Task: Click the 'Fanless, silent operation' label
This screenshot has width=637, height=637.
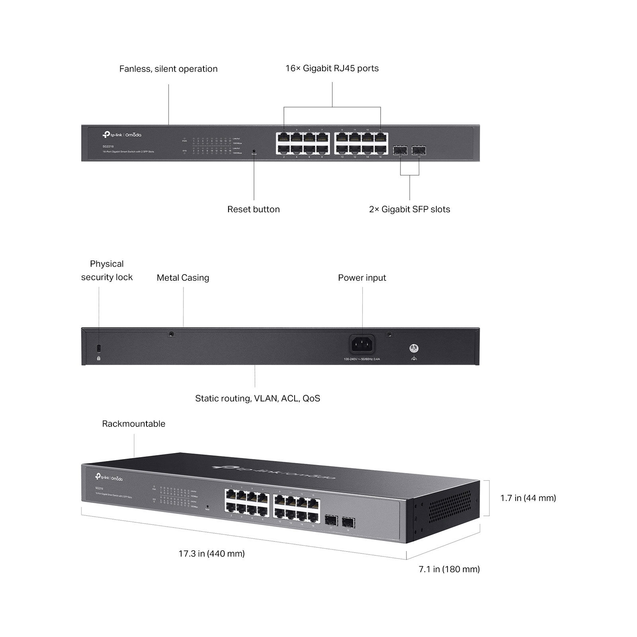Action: [168, 69]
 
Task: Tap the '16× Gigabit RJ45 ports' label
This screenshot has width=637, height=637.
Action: [332, 68]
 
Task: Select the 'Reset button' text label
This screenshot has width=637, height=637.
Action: [253, 209]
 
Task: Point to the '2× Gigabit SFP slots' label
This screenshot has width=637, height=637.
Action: [409, 209]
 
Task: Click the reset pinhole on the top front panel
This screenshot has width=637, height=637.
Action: [254, 151]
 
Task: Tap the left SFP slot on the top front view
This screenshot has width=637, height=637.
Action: [400, 150]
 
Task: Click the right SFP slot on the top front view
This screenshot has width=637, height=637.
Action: [419, 150]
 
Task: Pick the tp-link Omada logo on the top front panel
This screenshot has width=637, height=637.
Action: [122, 135]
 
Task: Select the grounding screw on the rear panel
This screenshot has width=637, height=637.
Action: [414, 349]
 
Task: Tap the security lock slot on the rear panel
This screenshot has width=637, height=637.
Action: [99, 348]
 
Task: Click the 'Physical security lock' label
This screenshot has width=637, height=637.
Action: [107, 270]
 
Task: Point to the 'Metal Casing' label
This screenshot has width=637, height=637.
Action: [183, 278]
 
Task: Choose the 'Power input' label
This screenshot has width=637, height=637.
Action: [362, 278]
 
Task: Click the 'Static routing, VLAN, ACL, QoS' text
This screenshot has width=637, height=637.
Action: [257, 399]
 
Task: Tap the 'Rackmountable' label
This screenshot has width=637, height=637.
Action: [133, 424]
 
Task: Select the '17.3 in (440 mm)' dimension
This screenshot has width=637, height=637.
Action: [211, 553]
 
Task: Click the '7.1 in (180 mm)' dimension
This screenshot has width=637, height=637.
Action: [449, 569]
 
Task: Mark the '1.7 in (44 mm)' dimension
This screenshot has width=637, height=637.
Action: [528, 498]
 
